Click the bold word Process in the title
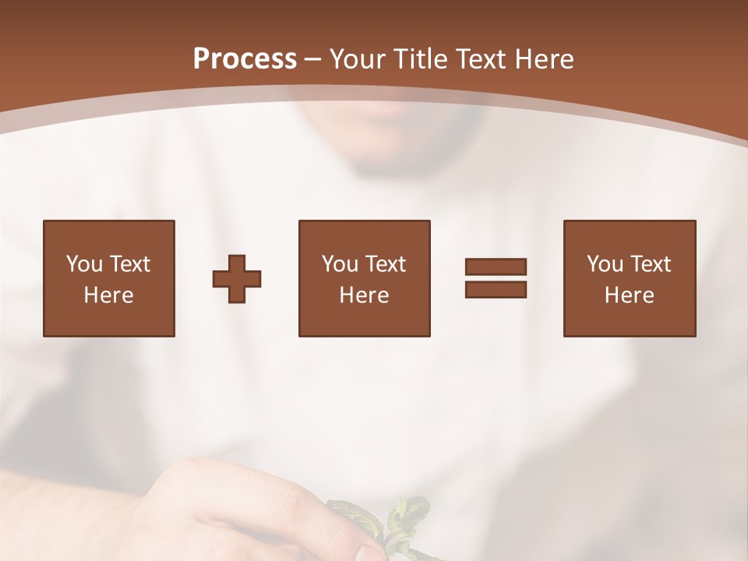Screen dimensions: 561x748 (245, 59)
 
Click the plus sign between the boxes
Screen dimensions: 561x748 (237, 279)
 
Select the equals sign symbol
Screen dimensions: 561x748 (496, 278)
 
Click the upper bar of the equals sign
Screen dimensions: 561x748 (496, 267)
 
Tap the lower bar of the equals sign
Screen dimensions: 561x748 (496, 289)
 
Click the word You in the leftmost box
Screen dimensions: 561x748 (84, 264)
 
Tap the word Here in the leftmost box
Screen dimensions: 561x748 (109, 295)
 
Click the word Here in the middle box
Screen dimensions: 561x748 (365, 295)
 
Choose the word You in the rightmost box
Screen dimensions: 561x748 (605, 264)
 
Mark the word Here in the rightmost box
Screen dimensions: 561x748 (630, 295)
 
